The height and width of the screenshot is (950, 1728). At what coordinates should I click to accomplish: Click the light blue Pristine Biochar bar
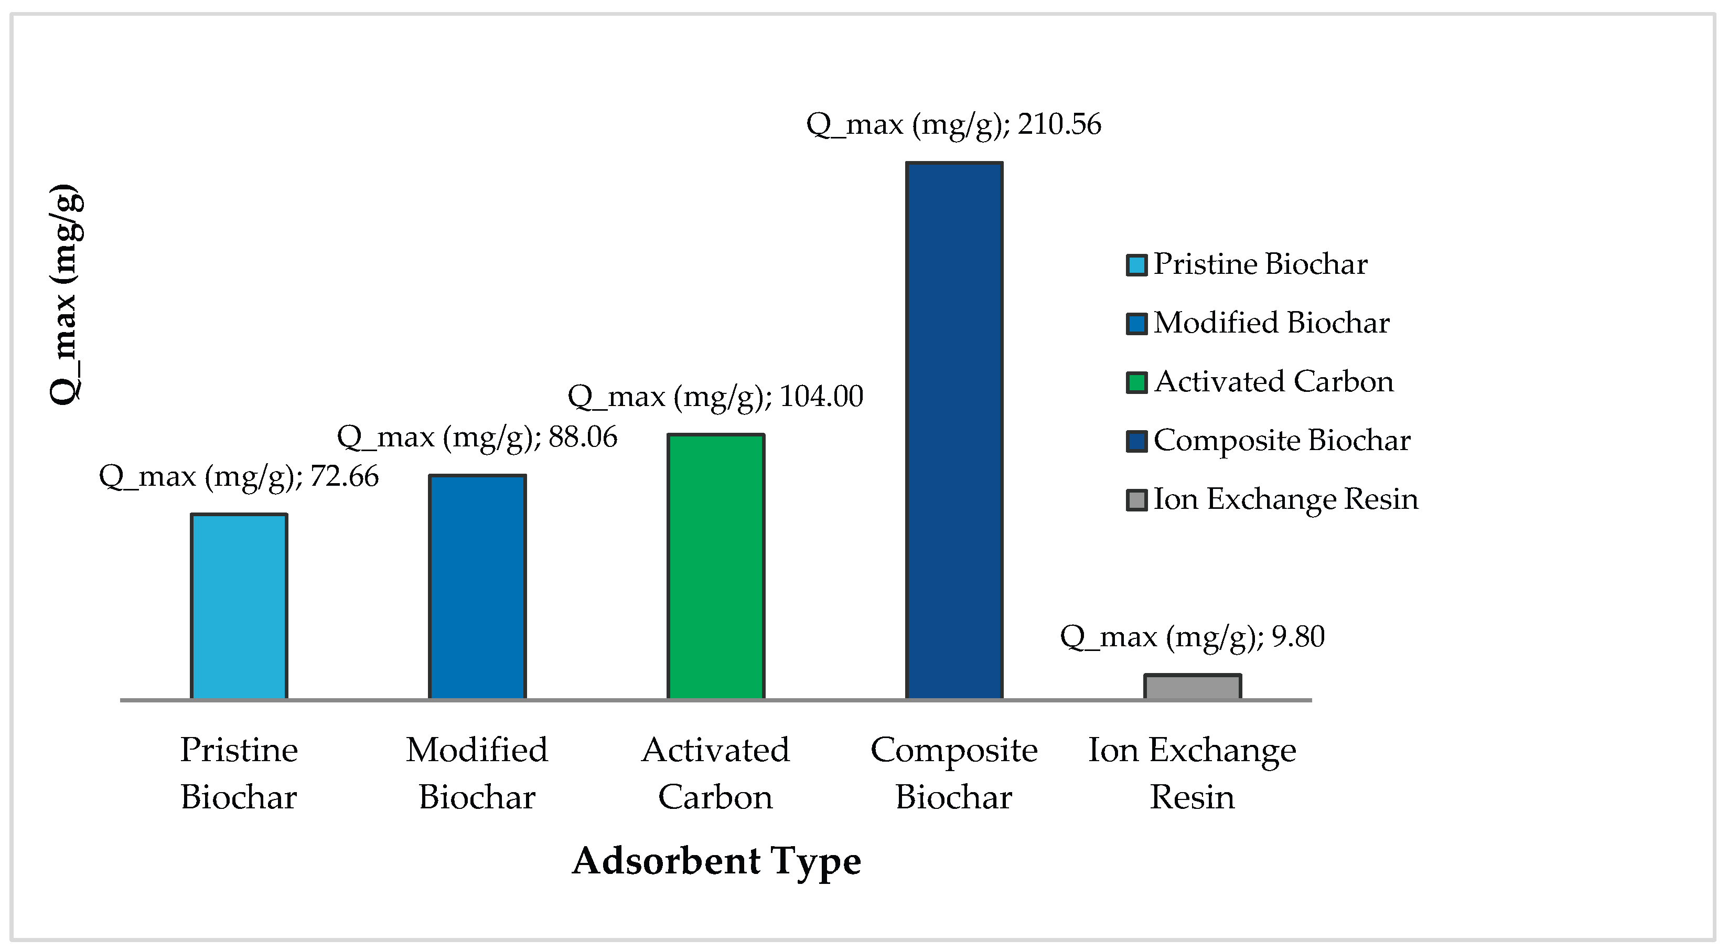(239, 606)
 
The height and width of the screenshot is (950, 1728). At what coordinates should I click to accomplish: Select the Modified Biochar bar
(477, 587)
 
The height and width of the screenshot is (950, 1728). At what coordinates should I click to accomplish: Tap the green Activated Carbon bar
(716, 567)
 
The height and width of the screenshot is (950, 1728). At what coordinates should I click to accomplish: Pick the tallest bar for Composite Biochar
(954, 431)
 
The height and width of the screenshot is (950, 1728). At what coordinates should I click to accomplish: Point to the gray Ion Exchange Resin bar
(1193, 687)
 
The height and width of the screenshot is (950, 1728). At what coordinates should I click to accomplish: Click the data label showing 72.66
(239, 477)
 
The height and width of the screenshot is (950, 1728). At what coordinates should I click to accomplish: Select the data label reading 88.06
(477, 437)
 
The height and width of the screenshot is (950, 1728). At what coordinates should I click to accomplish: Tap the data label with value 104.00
(716, 397)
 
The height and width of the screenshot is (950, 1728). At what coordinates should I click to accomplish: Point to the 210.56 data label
(954, 125)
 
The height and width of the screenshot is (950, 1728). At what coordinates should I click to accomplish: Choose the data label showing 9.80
(1193, 637)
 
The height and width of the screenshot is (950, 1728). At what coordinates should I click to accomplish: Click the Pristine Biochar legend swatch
(1136, 265)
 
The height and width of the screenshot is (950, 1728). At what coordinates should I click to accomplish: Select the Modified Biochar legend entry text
(1271, 323)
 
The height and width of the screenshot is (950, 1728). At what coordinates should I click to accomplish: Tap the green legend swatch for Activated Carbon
(1136, 382)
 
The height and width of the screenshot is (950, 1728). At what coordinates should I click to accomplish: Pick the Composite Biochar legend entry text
(1282, 441)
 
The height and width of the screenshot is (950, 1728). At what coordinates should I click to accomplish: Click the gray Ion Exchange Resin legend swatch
(1136, 500)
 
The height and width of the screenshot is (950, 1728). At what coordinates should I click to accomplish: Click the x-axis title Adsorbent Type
(716, 861)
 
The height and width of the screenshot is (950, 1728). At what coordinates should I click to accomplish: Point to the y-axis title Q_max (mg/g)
(67, 294)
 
